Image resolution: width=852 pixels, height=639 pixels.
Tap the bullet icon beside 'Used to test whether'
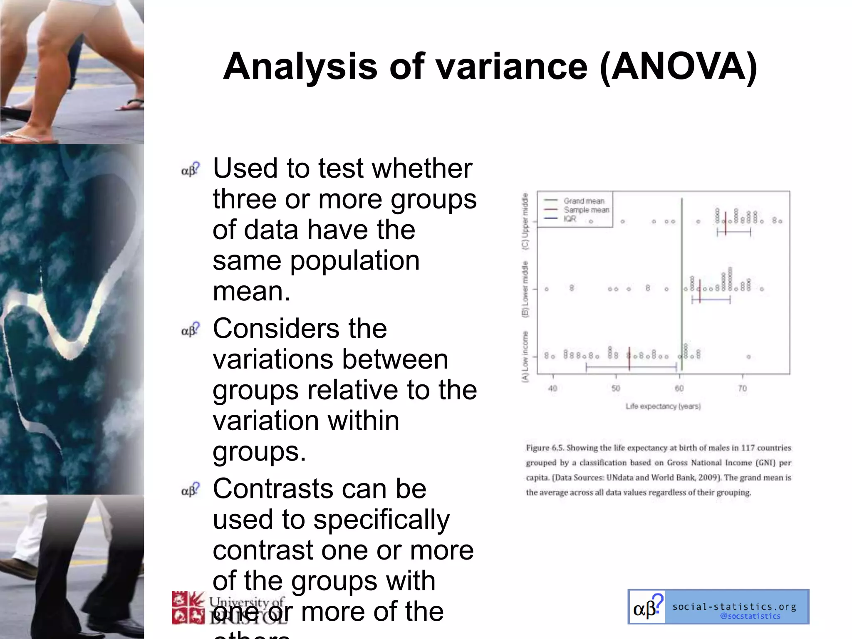click(191, 169)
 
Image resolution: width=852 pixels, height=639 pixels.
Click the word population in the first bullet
click(354, 261)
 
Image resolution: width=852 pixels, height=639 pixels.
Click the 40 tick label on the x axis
click(552, 389)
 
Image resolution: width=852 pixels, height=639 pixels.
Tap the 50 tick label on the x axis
click(616, 389)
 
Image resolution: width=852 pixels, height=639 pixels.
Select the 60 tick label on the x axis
click(679, 389)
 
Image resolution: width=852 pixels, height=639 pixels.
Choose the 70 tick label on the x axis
click(743, 389)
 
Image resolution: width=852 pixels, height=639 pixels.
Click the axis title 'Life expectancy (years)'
click(663, 406)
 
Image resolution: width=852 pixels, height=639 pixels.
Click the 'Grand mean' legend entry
click(584, 201)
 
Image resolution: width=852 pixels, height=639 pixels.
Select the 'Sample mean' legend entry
click(586, 210)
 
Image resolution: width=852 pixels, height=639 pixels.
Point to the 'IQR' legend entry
click(570, 219)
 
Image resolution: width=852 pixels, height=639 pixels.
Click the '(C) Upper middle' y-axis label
click(525, 221)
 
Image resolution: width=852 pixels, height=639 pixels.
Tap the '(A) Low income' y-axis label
click(525, 357)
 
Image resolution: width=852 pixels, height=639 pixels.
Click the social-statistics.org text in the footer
click(734, 607)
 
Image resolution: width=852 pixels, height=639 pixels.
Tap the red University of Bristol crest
click(188, 607)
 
